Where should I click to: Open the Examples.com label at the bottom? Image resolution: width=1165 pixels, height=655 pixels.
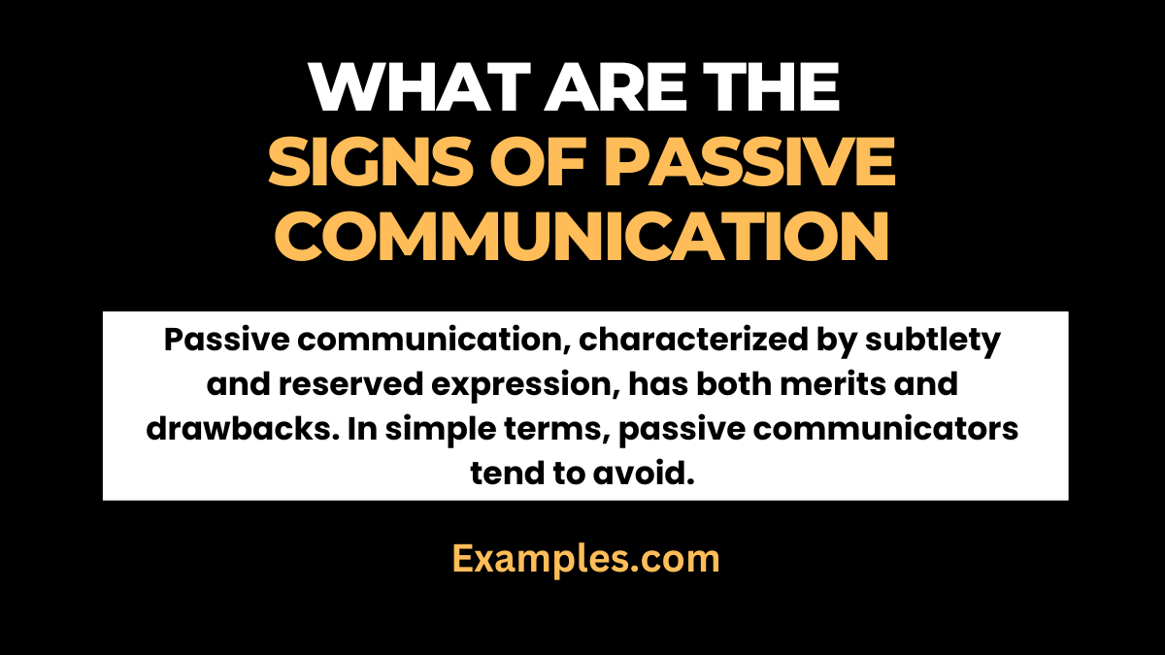(x=585, y=560)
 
